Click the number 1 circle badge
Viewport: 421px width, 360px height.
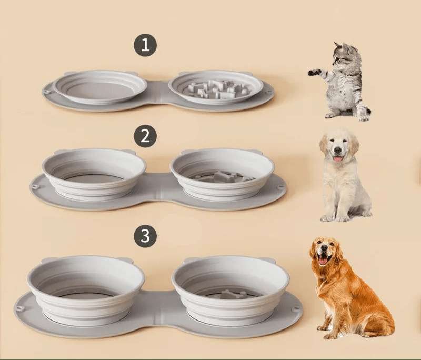point(145,45)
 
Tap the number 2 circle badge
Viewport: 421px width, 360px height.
point(145,136)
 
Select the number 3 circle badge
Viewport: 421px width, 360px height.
point(145,236)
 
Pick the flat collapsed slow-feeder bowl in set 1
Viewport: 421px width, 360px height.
point(216,87)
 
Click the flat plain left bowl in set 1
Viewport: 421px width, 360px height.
point(99,87)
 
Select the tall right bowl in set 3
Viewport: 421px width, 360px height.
point(230,288)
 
